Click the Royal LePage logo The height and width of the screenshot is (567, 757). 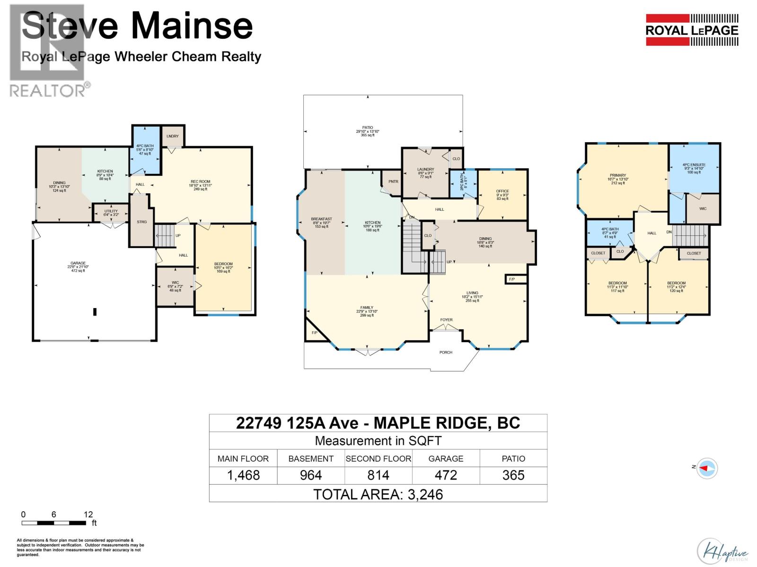point(692,30)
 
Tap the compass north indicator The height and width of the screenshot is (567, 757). point(706,468)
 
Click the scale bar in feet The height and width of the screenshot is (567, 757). point(54,523)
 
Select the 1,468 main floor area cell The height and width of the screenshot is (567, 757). point(243,475)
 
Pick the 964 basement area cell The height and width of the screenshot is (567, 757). point(311,475)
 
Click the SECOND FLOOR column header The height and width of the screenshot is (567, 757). point(378,458)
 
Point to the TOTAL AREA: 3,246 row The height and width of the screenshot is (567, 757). point(378,494)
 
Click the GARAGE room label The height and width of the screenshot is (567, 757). point(78,264)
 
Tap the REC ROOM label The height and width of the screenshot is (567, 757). point(201,182)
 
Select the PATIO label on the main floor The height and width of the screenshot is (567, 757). point(368,128)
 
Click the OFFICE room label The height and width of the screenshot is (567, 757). point(502,191)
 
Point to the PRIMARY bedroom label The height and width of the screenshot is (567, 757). point(618,175)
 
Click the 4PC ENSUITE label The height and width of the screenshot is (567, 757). point(694,165)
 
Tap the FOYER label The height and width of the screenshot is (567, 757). point(446,320)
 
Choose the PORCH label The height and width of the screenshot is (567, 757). point(446,352)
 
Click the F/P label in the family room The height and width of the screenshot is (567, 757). point(314,333)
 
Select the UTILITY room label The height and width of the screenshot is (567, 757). point(111,211)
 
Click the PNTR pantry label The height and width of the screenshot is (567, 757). point(393,181)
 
